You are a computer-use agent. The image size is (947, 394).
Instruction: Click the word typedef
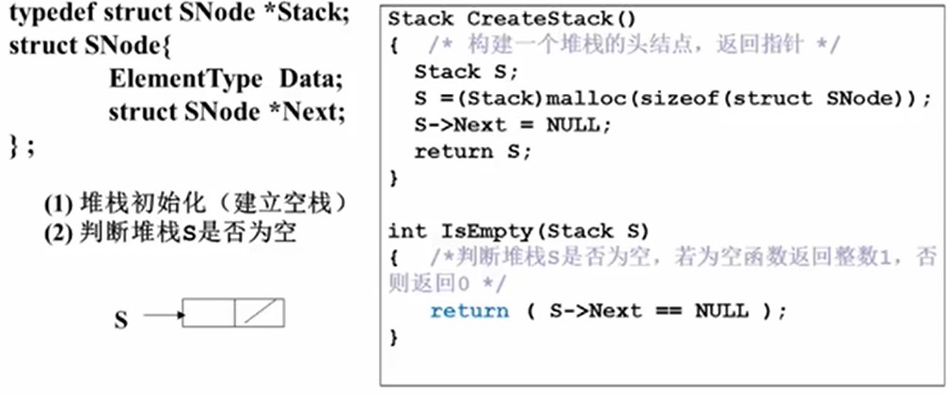pos(49,18)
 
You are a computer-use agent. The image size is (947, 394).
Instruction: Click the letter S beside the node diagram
pos(120,321)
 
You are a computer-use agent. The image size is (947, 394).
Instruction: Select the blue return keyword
pos(469,310)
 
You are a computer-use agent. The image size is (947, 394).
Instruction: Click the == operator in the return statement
pos(663,310)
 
